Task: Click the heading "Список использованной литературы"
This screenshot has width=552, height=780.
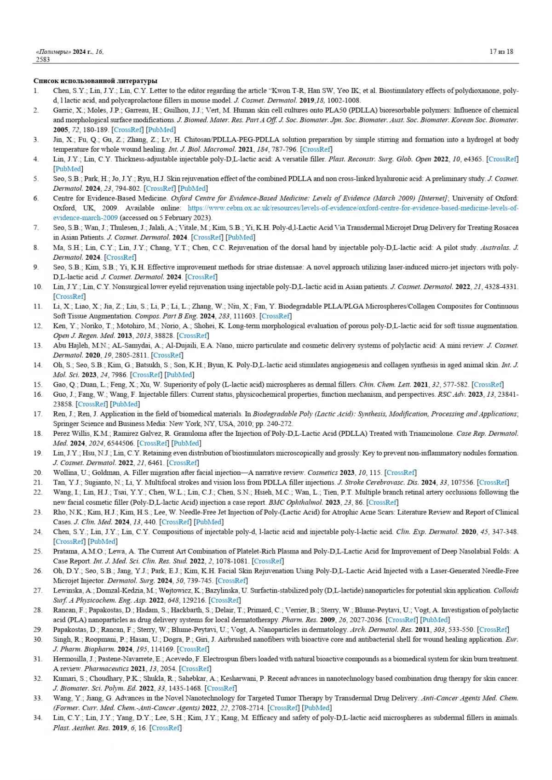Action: (x=95, y=81)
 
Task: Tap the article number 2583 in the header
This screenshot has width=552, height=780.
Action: (x=43, y=59)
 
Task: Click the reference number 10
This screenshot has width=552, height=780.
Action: (x=38, y=286)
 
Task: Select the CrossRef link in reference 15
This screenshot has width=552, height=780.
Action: (x=488, y=384)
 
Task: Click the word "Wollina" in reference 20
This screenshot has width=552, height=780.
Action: (x=65, y=473)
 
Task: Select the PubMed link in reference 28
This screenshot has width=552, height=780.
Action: (x=435, y=620)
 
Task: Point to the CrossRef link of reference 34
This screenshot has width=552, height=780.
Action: (x=166, y=728)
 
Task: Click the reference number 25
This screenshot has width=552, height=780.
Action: (x=38, y=551)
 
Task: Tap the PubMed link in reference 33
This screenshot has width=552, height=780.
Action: (x=317, y=708)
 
